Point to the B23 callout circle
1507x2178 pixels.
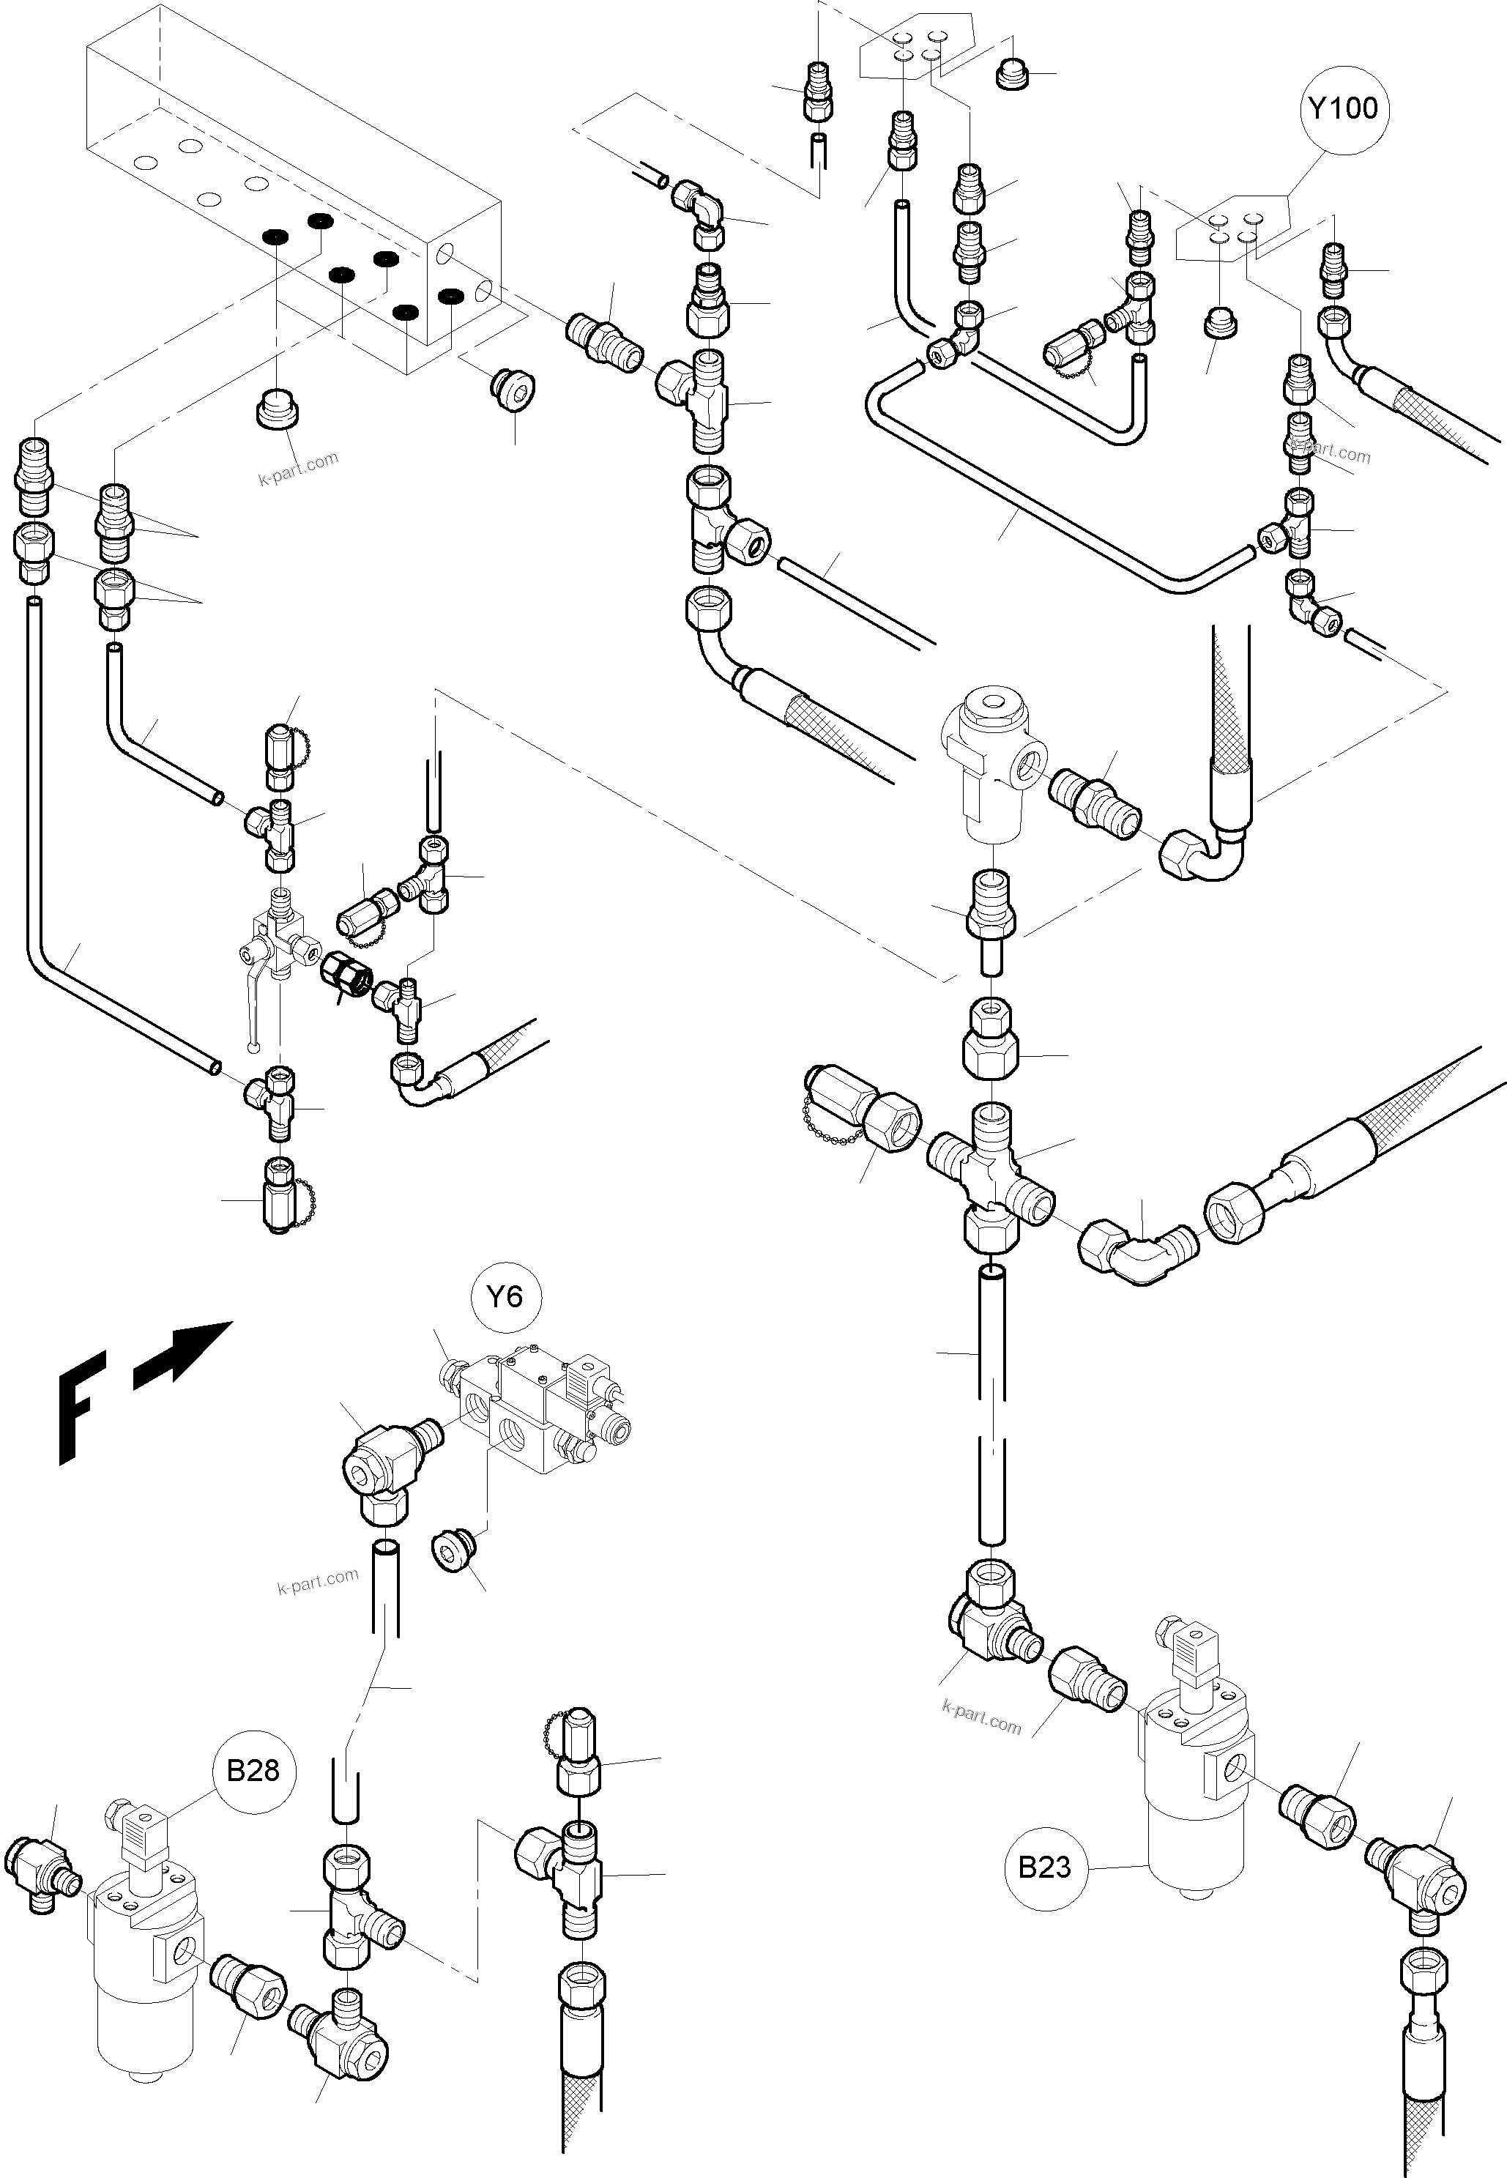(x=1044, y=1867)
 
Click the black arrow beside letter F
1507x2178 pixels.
(x=183, y=1356)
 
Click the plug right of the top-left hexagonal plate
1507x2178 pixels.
(x=1011, y=75)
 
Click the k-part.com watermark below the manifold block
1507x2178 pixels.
(x=297, y=467)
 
